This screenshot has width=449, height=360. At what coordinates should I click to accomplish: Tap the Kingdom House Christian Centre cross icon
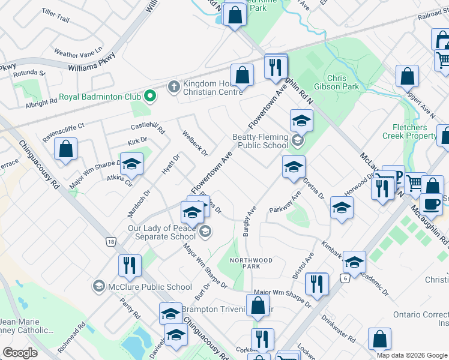tap(173, 85)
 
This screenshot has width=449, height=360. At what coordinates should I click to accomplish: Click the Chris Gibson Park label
tap(343, 82)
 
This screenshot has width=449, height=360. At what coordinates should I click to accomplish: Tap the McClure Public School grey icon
tap(98, 286)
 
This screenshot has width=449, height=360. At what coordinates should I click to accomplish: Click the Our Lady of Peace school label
tap(161, 232)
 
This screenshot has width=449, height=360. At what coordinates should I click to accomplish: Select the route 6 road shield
tap(345, 278)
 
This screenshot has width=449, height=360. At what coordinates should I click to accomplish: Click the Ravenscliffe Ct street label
tap(64, 133)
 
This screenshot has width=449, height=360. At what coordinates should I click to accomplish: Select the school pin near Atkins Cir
tap(131, 164)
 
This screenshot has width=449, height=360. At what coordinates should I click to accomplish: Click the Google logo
tap(20, 353)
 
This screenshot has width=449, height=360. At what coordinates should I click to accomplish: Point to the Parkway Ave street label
tap(285, 203)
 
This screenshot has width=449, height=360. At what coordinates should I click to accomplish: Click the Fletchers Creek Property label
tap(418, 131)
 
